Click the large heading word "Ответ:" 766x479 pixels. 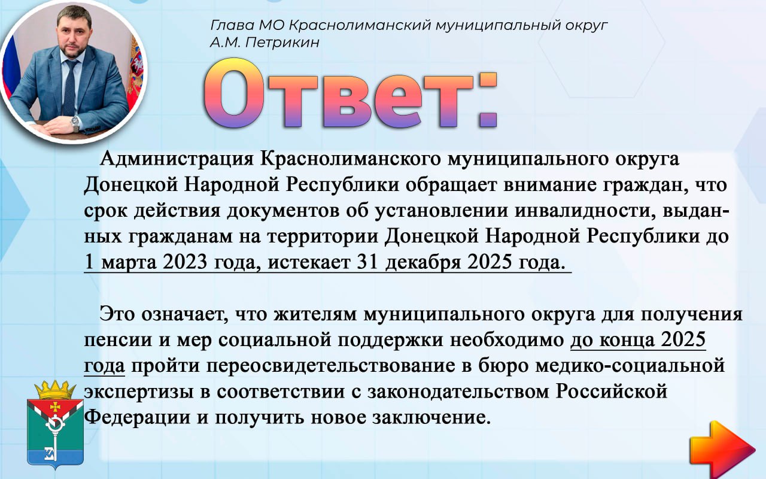350,93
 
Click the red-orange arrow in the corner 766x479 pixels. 722,449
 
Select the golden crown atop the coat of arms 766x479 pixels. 55,390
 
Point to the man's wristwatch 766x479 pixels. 75,123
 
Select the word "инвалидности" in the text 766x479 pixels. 584,211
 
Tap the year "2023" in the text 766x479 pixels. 185,262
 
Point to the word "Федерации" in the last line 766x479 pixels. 137,418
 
